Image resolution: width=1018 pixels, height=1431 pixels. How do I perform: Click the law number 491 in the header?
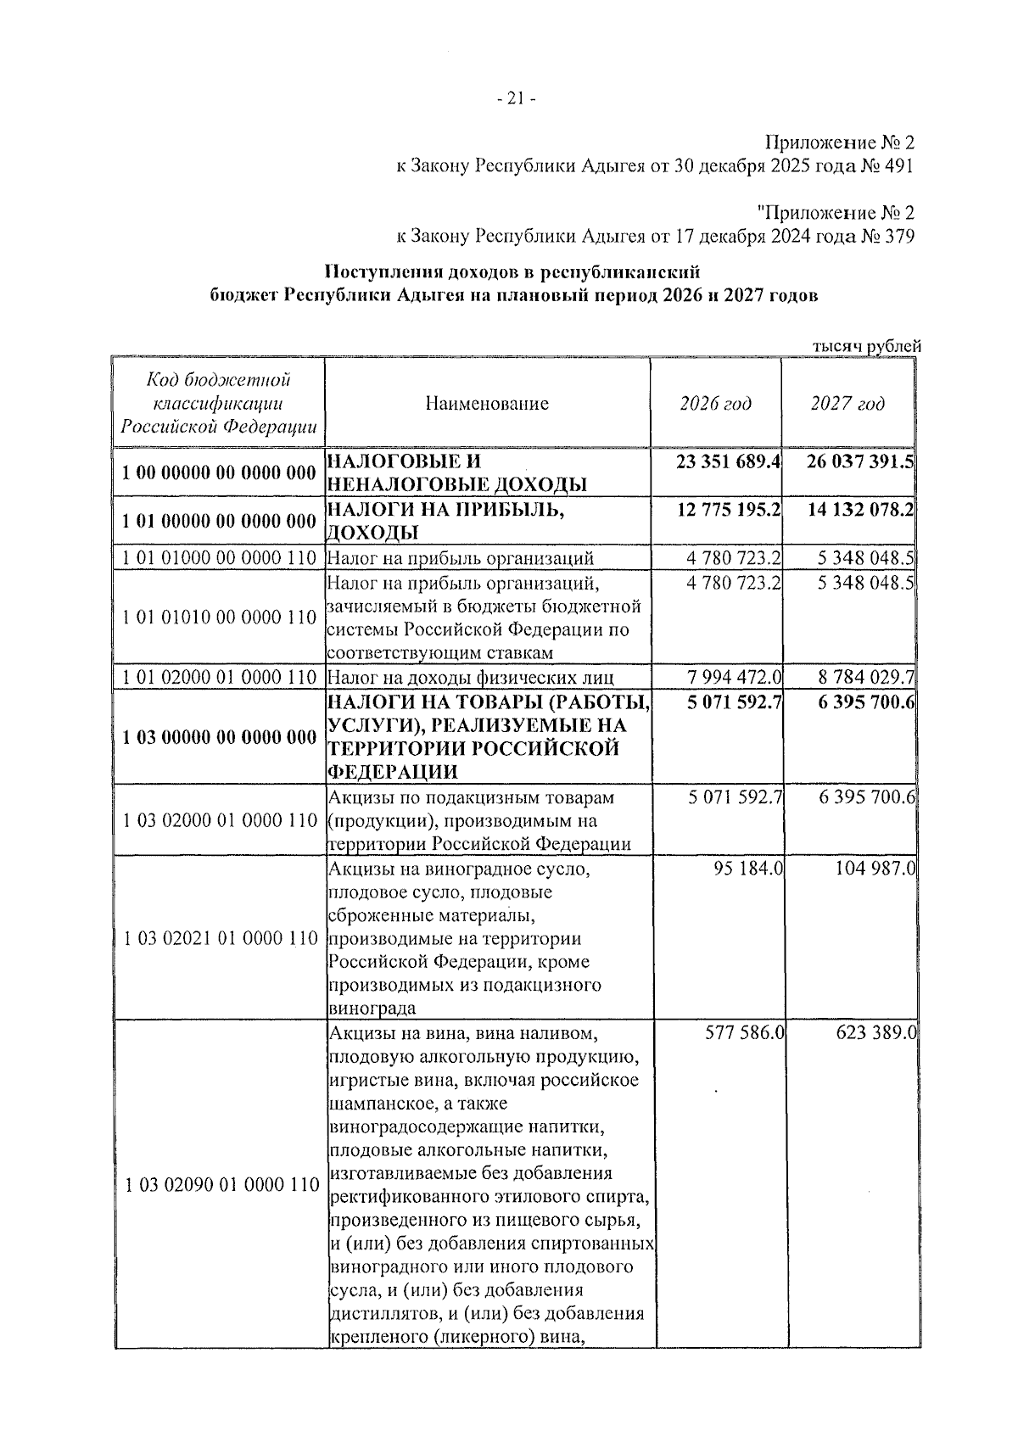click(x=898, y=166)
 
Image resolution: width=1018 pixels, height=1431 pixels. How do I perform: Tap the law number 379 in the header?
click(x=898, y=236)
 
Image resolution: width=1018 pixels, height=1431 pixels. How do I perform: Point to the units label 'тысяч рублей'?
click(x=866, y=346)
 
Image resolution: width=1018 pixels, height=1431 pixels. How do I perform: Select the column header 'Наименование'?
click(x=487, y=404)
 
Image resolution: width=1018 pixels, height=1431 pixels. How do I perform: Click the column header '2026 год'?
click(x=715, y=404)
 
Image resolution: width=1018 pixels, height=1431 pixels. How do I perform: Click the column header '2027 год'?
click(x=847, y=404)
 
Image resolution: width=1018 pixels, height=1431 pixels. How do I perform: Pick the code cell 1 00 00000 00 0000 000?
click(x=219, y=473)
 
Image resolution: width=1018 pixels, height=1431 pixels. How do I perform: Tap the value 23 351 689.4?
click(x=728, y=462)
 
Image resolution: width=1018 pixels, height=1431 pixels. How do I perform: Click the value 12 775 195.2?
click(x=728, y=511)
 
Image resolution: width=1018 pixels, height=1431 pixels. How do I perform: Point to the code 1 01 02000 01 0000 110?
click(x=219, y=677)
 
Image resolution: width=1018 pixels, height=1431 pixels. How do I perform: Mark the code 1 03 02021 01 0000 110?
click(x=219, y=939)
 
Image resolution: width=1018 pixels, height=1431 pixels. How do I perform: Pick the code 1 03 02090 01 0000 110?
click(x=219, y=1185)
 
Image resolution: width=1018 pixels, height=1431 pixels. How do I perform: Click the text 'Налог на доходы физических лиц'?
click(x=470, y=677)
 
